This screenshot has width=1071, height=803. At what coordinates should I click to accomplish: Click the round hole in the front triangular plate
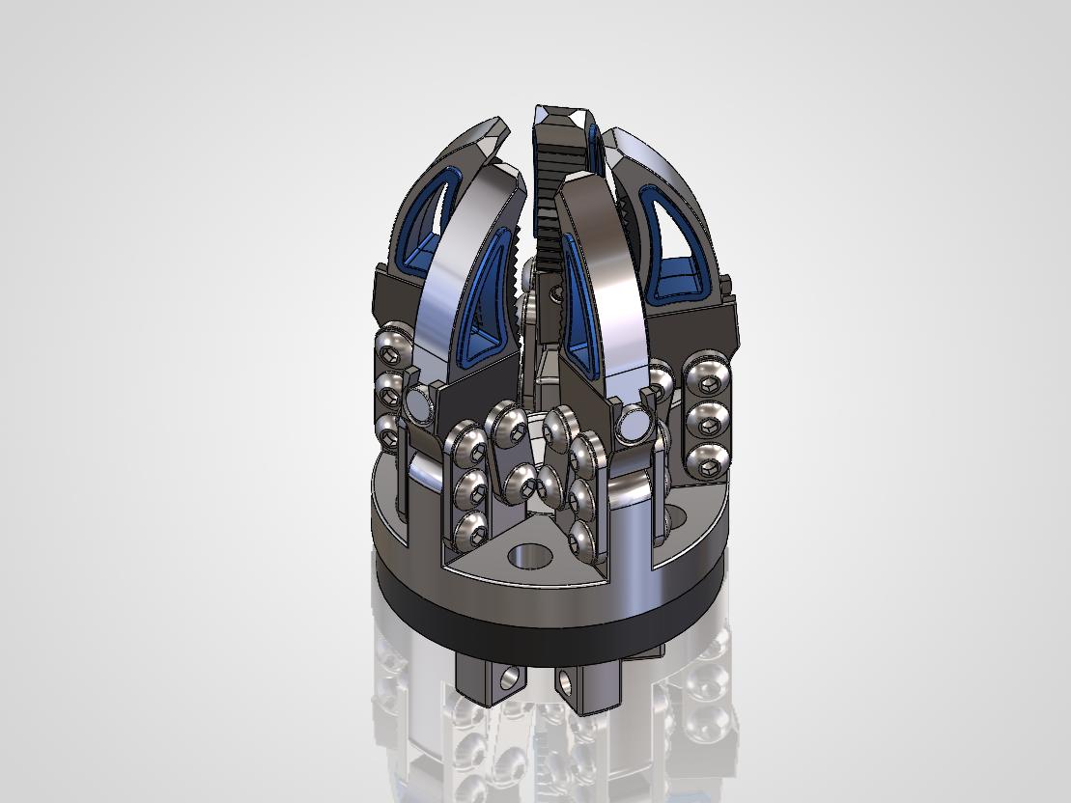click(x=528, y=556)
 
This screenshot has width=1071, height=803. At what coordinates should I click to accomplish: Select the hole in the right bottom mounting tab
click(x=567, y=682)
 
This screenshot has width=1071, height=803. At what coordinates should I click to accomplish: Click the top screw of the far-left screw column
click(x=392, y=341)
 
